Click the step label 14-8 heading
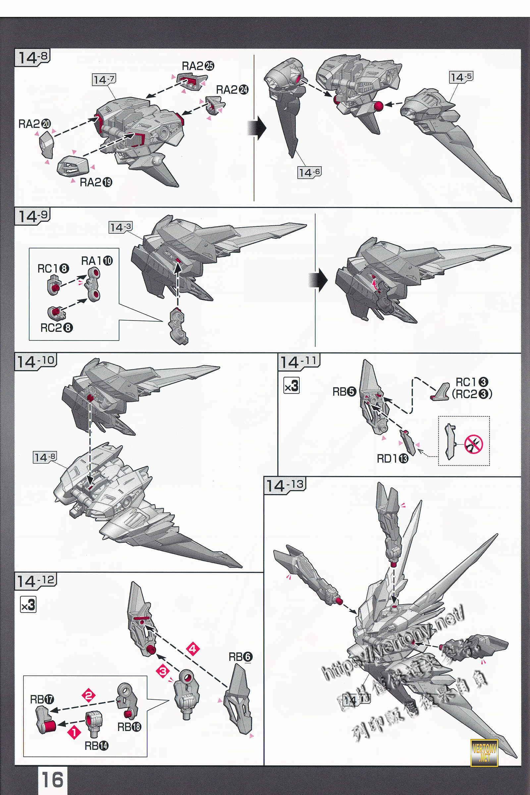point(32,57)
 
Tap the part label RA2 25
point(198,66)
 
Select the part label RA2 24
point(232,90)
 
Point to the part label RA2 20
point(34,124)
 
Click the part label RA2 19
point(96,183)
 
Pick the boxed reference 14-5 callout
point(461,77)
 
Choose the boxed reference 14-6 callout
point(309,173)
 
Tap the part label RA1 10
point(97,261)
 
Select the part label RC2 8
point(56,328)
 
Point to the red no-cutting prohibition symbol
point(474,444)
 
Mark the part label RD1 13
point(393,459)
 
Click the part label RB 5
point(344,392)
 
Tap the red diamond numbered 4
point(192,649)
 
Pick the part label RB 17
point(42,699)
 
